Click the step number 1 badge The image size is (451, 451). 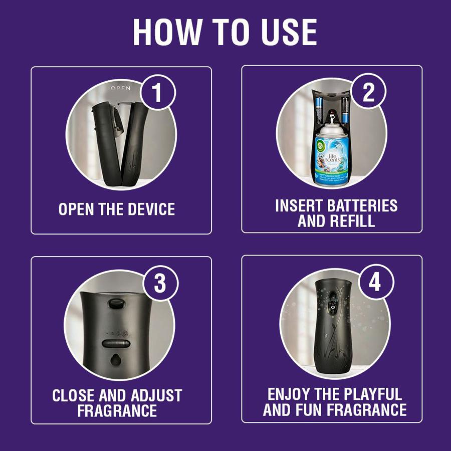(157, 94)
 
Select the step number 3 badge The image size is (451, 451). (159, 284)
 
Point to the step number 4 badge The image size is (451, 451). (375, 283)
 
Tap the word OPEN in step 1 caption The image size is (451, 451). (76, 209)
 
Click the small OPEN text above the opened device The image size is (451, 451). (120, 88)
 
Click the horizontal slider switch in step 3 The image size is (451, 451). (116, 344)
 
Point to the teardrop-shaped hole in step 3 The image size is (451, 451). (116, 360)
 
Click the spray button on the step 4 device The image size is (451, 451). (331, 304)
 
